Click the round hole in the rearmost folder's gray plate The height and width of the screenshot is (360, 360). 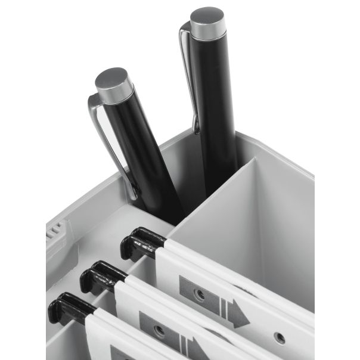tap(200, 294)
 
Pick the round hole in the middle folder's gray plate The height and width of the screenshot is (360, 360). tap(159, 330)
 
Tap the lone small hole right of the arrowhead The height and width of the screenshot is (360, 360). tap(279, 337)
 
